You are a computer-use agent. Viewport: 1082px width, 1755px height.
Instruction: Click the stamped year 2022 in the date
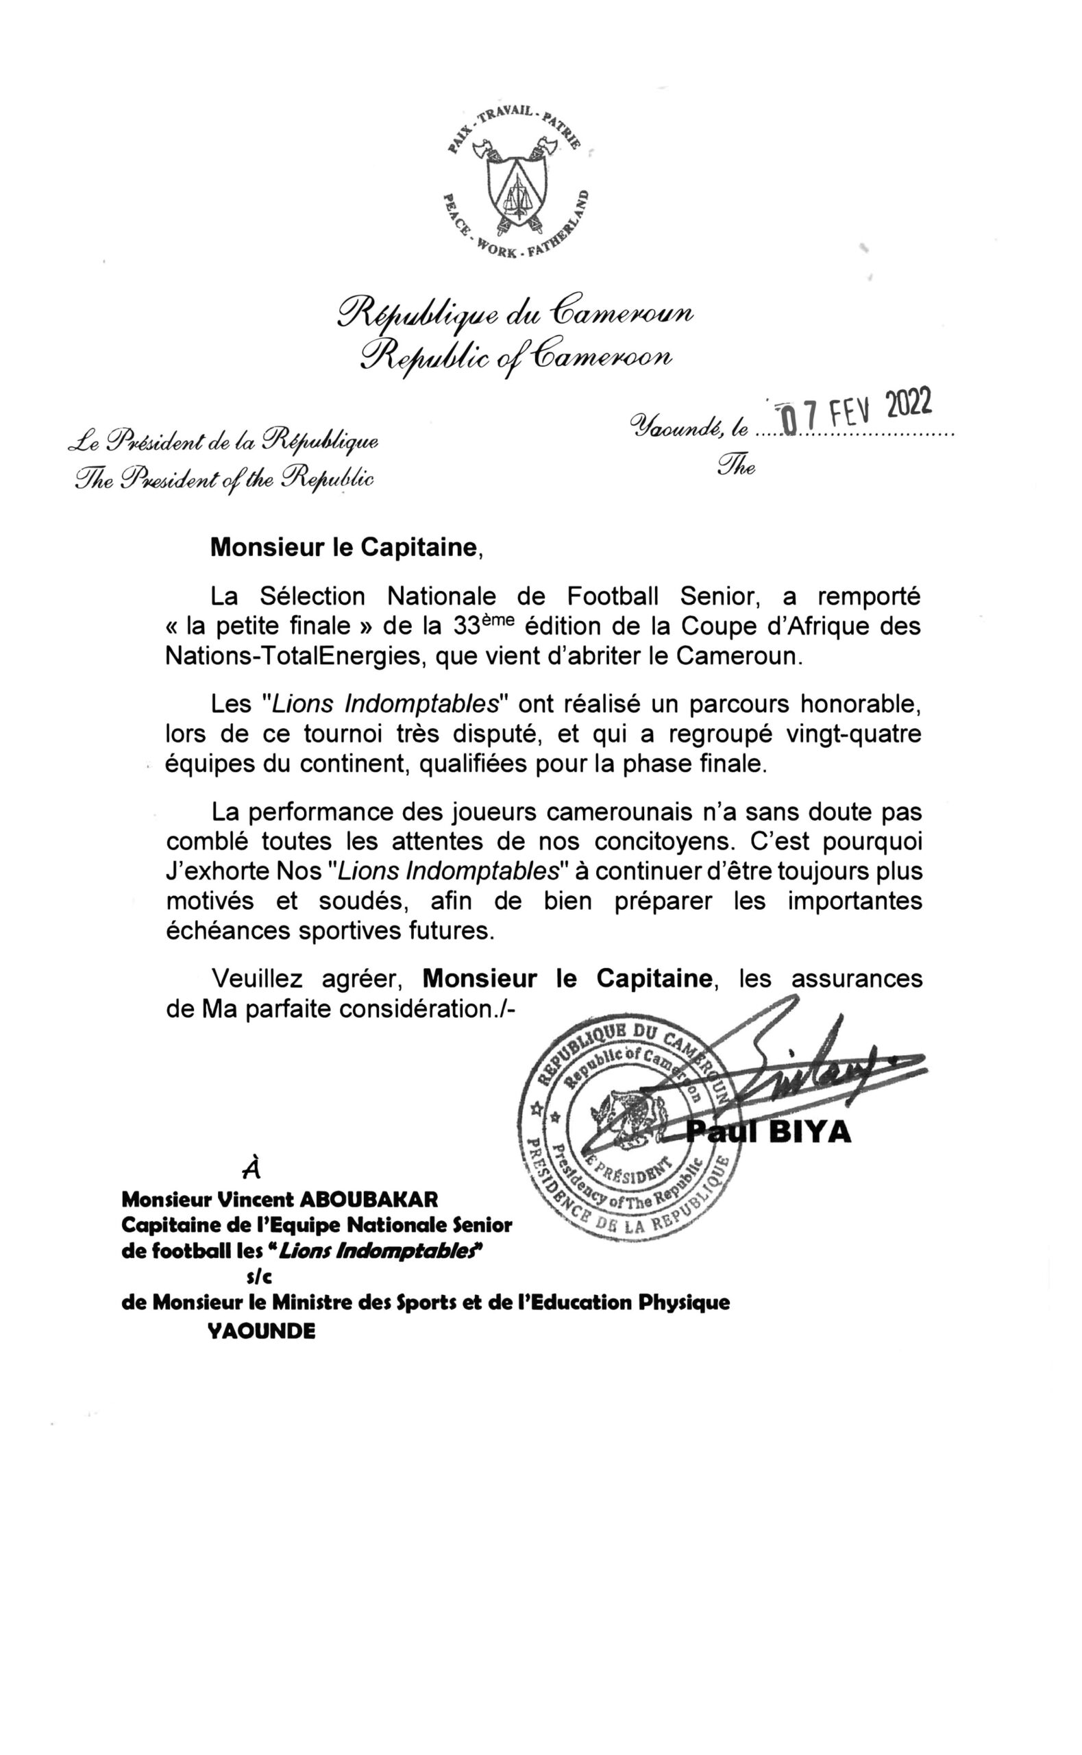(x=909, y=405)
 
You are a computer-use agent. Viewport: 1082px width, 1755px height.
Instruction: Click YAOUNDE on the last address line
(x=260, y=1331)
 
